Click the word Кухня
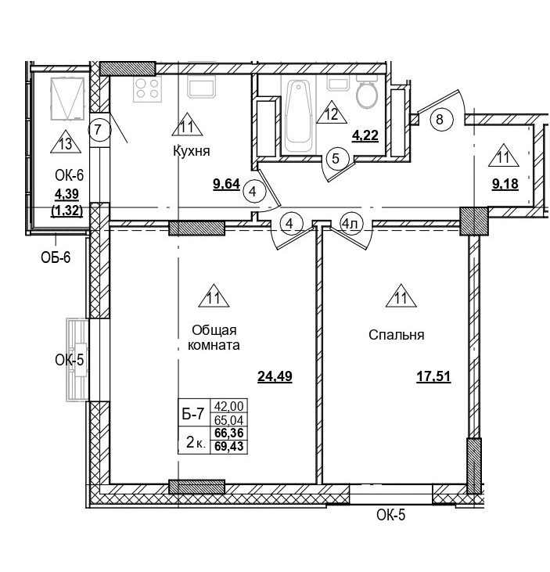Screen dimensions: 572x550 (192, 151)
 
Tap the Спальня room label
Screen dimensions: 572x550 (396, 335)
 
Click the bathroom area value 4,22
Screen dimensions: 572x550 (365, 135)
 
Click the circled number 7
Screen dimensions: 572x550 (98, 128)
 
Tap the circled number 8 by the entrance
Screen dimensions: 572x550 (440, 120)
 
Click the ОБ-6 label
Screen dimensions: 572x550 (56, 257)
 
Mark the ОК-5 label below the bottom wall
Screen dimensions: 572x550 (391, 515)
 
